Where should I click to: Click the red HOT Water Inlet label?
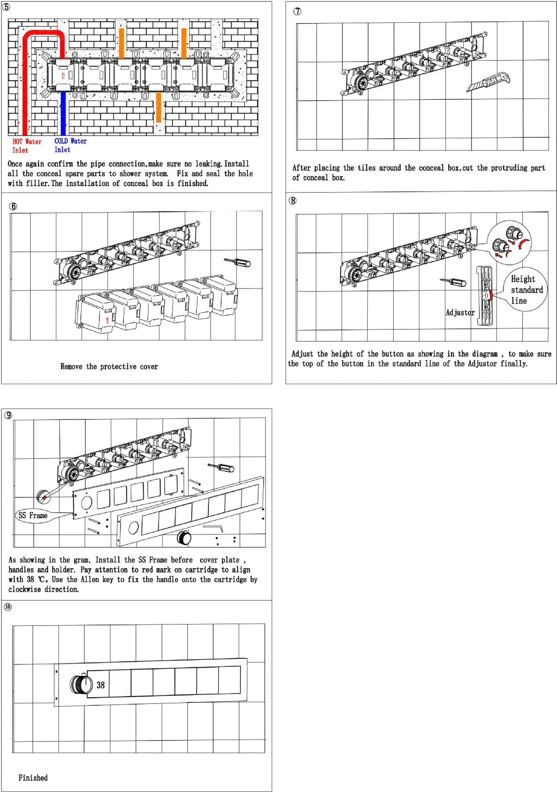26,146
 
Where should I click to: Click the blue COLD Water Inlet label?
71,145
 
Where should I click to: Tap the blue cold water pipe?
63,113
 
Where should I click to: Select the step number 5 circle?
6,6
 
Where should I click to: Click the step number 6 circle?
13,206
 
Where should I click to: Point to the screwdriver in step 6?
237,262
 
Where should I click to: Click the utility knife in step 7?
488,82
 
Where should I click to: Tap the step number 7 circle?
298,11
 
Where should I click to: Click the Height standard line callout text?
526,290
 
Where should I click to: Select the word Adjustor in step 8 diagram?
460,313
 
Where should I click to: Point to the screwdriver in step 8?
453,282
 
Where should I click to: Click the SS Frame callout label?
33,515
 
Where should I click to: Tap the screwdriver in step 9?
221,467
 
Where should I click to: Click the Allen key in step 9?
214,528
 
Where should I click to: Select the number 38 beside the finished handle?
100,685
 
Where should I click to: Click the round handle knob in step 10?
81,684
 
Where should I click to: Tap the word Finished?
33,778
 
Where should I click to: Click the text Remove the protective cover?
109,366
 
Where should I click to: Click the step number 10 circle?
8,607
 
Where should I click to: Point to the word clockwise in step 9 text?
25,589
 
